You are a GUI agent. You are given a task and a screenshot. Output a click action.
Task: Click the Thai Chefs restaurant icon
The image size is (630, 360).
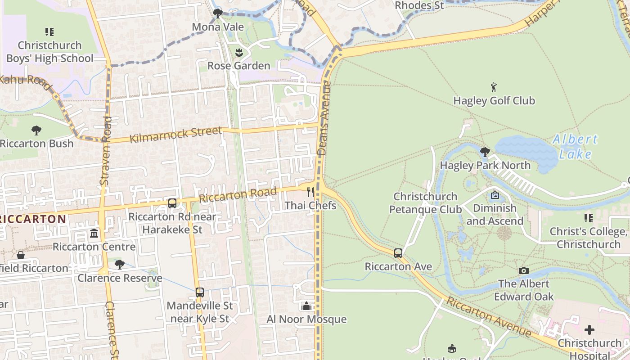point(310,193)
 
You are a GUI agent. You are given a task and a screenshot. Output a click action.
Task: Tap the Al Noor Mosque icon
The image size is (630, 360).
point(307,306)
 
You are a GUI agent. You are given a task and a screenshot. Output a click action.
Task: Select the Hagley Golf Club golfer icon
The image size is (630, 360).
point(494,87)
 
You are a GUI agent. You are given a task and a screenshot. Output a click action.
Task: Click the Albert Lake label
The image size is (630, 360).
point(575,147)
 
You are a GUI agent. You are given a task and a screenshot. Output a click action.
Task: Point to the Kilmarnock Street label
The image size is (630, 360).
point(175,135)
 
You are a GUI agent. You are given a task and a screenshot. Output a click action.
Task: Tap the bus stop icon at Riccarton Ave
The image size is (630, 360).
point(398,253)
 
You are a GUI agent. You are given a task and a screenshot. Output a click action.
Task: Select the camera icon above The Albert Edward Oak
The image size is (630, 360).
point(523,270)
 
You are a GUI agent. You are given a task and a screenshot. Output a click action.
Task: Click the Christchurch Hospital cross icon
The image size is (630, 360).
point(589,330)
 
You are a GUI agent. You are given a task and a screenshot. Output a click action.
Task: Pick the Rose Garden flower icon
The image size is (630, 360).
point(239,53)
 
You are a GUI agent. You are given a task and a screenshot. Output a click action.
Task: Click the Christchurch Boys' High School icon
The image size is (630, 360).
point(49,32)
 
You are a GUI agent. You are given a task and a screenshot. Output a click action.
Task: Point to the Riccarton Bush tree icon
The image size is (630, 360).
point(36,130)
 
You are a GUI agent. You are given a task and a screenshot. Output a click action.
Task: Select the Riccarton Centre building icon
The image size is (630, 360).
point(94,234)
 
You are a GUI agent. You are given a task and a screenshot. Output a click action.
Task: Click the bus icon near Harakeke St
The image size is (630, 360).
point(172,203)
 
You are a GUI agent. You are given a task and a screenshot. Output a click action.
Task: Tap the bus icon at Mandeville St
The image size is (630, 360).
point(200,292)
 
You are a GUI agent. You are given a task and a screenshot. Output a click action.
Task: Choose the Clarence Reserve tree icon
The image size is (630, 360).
point(120,265)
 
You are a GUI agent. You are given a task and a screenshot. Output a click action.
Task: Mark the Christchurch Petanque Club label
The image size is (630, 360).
point(425,203)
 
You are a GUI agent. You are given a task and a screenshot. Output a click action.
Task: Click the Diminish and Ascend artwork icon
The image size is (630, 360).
point(495,195)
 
